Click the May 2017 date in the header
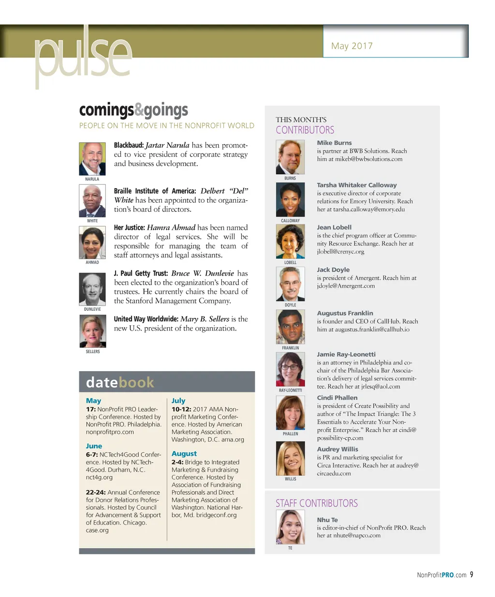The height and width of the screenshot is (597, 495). [351, 46]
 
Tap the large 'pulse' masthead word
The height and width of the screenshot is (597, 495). [83, 57]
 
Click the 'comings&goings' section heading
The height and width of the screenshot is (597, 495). [133, 110]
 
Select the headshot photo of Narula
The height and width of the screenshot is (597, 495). [92, 159]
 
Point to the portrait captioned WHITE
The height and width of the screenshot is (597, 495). [92, 201]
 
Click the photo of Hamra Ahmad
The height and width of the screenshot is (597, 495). [92, 243]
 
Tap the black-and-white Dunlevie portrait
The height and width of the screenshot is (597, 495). [92, 289]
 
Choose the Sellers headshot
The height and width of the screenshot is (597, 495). [92, 331]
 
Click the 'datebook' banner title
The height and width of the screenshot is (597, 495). [120, 382]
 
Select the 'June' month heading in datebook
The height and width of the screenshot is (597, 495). [94, 446]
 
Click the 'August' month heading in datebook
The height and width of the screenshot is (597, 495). [184, 454]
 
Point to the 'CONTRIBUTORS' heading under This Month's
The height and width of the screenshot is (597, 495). [305, 130]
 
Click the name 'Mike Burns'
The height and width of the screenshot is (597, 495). [334, 143]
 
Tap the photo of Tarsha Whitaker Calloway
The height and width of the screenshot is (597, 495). [290, 200]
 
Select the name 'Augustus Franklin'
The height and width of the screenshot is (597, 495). [345, 313]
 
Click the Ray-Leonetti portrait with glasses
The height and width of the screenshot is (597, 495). [290, 369]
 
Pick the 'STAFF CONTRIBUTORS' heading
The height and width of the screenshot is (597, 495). [317, 503]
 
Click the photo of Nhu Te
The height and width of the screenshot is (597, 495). [290, 527]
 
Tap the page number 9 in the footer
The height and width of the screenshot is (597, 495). [471, 574]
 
